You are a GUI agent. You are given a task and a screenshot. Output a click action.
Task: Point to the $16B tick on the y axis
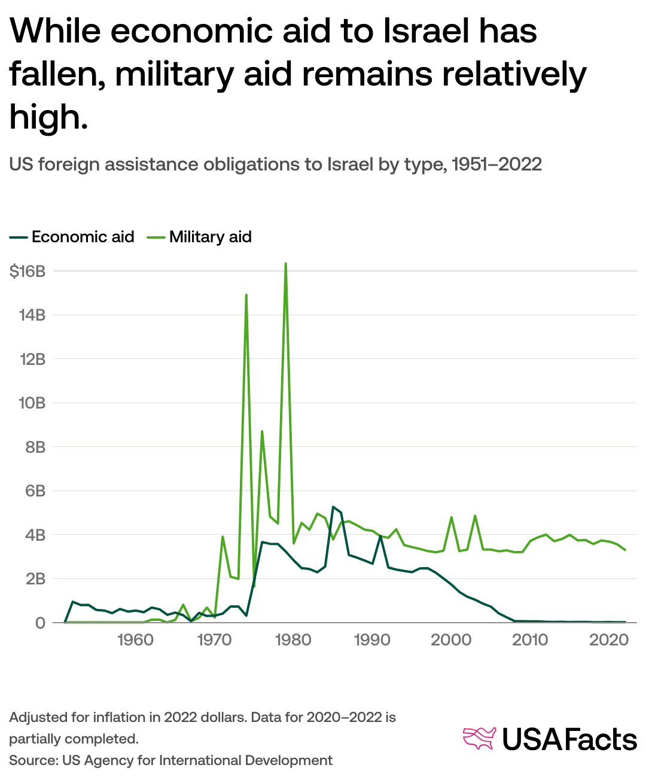(x=28, y=272)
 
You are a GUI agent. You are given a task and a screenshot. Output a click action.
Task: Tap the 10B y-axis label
(x=32, y=403)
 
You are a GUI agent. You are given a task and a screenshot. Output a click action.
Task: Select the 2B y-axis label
(x=35, y=579)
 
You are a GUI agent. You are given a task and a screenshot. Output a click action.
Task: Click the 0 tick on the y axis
(x=40, y=623)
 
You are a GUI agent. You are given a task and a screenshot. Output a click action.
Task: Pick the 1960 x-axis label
(x=135, y=640)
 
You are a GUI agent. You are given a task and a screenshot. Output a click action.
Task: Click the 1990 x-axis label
(x=372, y=640)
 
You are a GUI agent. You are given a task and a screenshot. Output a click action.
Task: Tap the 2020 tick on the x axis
(x=608, y=640)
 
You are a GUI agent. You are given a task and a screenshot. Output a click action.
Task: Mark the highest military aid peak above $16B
(x=286, y=264)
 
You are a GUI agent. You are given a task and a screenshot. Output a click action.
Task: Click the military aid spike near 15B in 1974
(x=246, y=295)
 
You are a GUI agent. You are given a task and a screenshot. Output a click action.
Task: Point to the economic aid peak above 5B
(x=333, y=507)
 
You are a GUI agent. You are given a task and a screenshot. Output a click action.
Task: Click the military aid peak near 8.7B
(x=262, y=431)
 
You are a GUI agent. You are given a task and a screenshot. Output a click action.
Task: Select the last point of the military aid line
(x=625, y=550)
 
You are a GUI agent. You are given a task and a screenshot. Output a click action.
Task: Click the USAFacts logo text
(x=569, y=740)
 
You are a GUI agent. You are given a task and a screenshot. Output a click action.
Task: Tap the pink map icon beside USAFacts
(x=480, y=738)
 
